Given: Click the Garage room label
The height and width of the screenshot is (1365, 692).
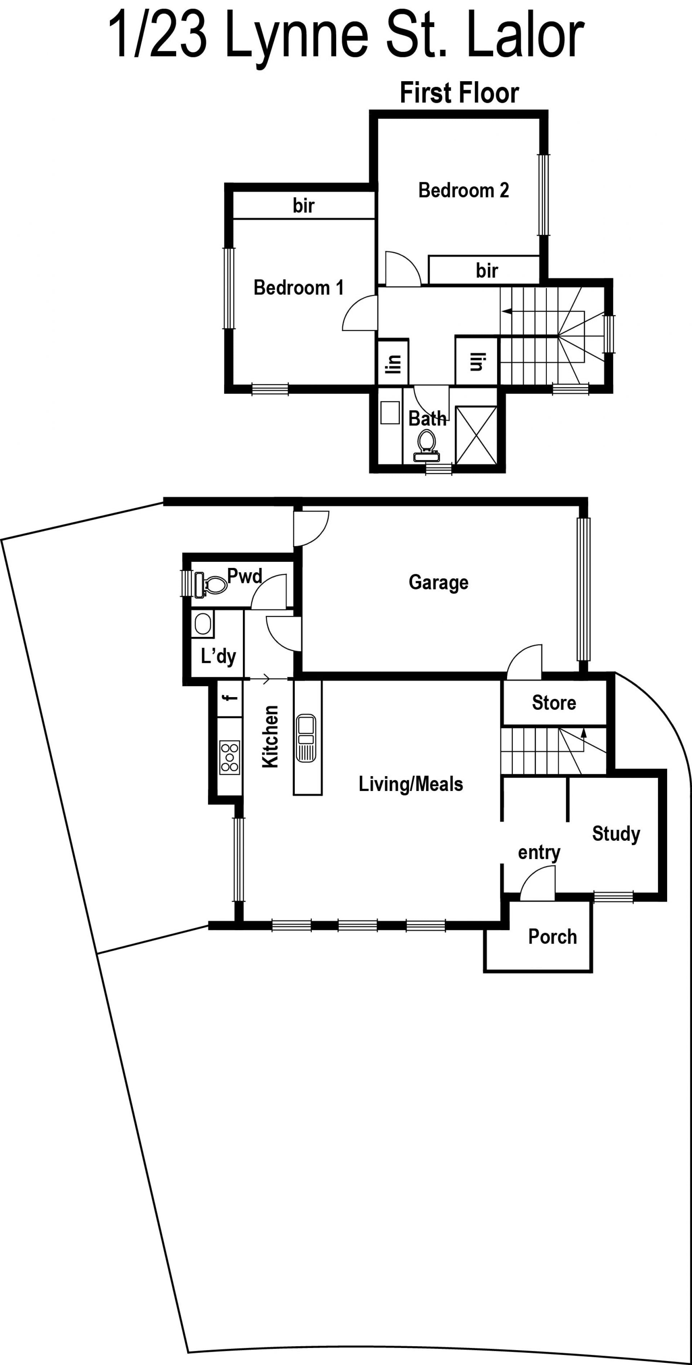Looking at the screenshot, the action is pyautogui.click(x=438, y=582).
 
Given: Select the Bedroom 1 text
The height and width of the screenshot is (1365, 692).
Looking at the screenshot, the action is pyautogui.click(x=299, y=287).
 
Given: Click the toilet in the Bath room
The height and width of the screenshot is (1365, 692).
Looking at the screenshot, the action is pyautogui.click(x=427, y=445).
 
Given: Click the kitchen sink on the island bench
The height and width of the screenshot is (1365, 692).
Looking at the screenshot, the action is pyautogui.click(x=306, y=738).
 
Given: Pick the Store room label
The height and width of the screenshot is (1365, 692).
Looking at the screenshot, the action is pyautogui.click(x=554, y=703).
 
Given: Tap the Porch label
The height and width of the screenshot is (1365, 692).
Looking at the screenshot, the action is pyautogui.click(x=552, y=937).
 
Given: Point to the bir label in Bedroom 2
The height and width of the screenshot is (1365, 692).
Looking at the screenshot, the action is pyautogui.click(x=487, y=270).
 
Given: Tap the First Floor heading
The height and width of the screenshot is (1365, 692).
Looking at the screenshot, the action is pyautogui.click(x=459, y=93).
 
